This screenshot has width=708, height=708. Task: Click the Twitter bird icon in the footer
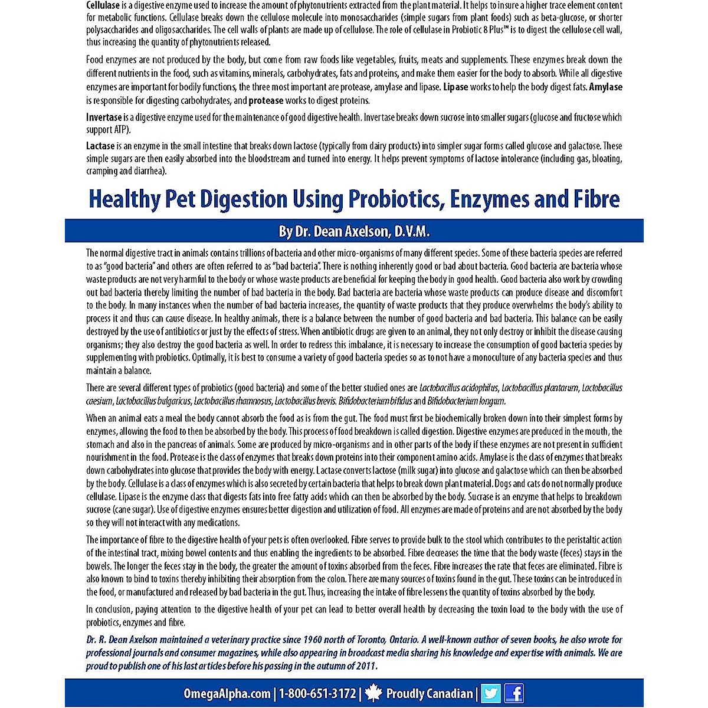[491, 693]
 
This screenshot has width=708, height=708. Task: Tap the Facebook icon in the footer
[514, 693]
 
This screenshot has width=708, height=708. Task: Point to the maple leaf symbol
[373, 693]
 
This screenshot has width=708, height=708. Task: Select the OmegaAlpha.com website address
[227, 694]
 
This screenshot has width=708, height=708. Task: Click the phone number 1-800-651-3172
[317, 694]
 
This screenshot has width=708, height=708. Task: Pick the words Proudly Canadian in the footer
[430, 694]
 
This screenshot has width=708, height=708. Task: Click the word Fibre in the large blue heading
[596, 199]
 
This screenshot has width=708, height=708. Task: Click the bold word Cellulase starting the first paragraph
[103, 5]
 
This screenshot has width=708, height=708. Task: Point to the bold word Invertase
[104, 117]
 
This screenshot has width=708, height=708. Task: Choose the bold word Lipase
[455, 87]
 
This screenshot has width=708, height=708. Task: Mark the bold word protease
[267, 101]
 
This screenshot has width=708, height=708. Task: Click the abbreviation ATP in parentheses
[121, 130]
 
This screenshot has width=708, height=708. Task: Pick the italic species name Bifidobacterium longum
[466, 401]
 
